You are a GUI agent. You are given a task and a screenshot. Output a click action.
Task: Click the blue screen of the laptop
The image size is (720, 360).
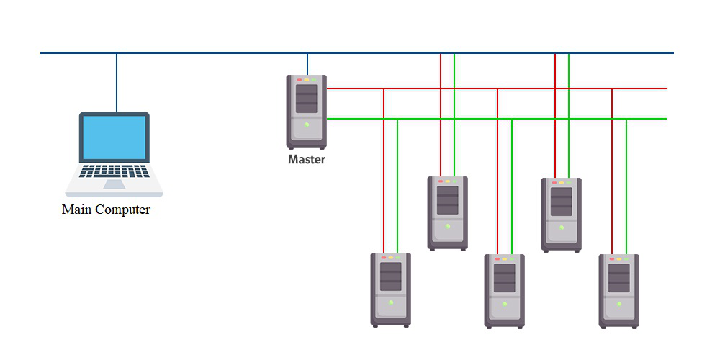(114, 138)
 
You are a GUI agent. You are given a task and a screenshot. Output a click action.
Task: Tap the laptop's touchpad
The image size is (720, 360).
(114, 184)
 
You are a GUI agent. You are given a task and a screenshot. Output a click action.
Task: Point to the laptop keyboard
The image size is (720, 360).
(114, 171)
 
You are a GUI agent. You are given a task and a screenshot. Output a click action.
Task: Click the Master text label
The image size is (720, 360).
(307, 160)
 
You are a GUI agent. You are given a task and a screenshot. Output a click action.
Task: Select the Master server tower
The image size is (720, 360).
(307, 112)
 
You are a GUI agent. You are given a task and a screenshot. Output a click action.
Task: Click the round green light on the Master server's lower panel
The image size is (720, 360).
(307, 125)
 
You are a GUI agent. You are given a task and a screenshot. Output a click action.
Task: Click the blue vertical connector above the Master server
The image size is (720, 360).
(307, 63)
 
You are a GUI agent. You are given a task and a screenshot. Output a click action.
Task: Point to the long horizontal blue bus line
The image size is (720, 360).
(216, 53)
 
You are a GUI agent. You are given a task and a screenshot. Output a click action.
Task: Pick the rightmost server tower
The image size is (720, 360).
(619, 291)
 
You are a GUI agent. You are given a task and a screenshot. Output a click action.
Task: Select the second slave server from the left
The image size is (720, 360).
(448, 213)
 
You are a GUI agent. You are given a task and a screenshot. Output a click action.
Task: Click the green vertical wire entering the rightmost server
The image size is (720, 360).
(626, 187)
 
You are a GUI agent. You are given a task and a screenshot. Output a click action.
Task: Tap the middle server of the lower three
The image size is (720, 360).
(505, 291)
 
